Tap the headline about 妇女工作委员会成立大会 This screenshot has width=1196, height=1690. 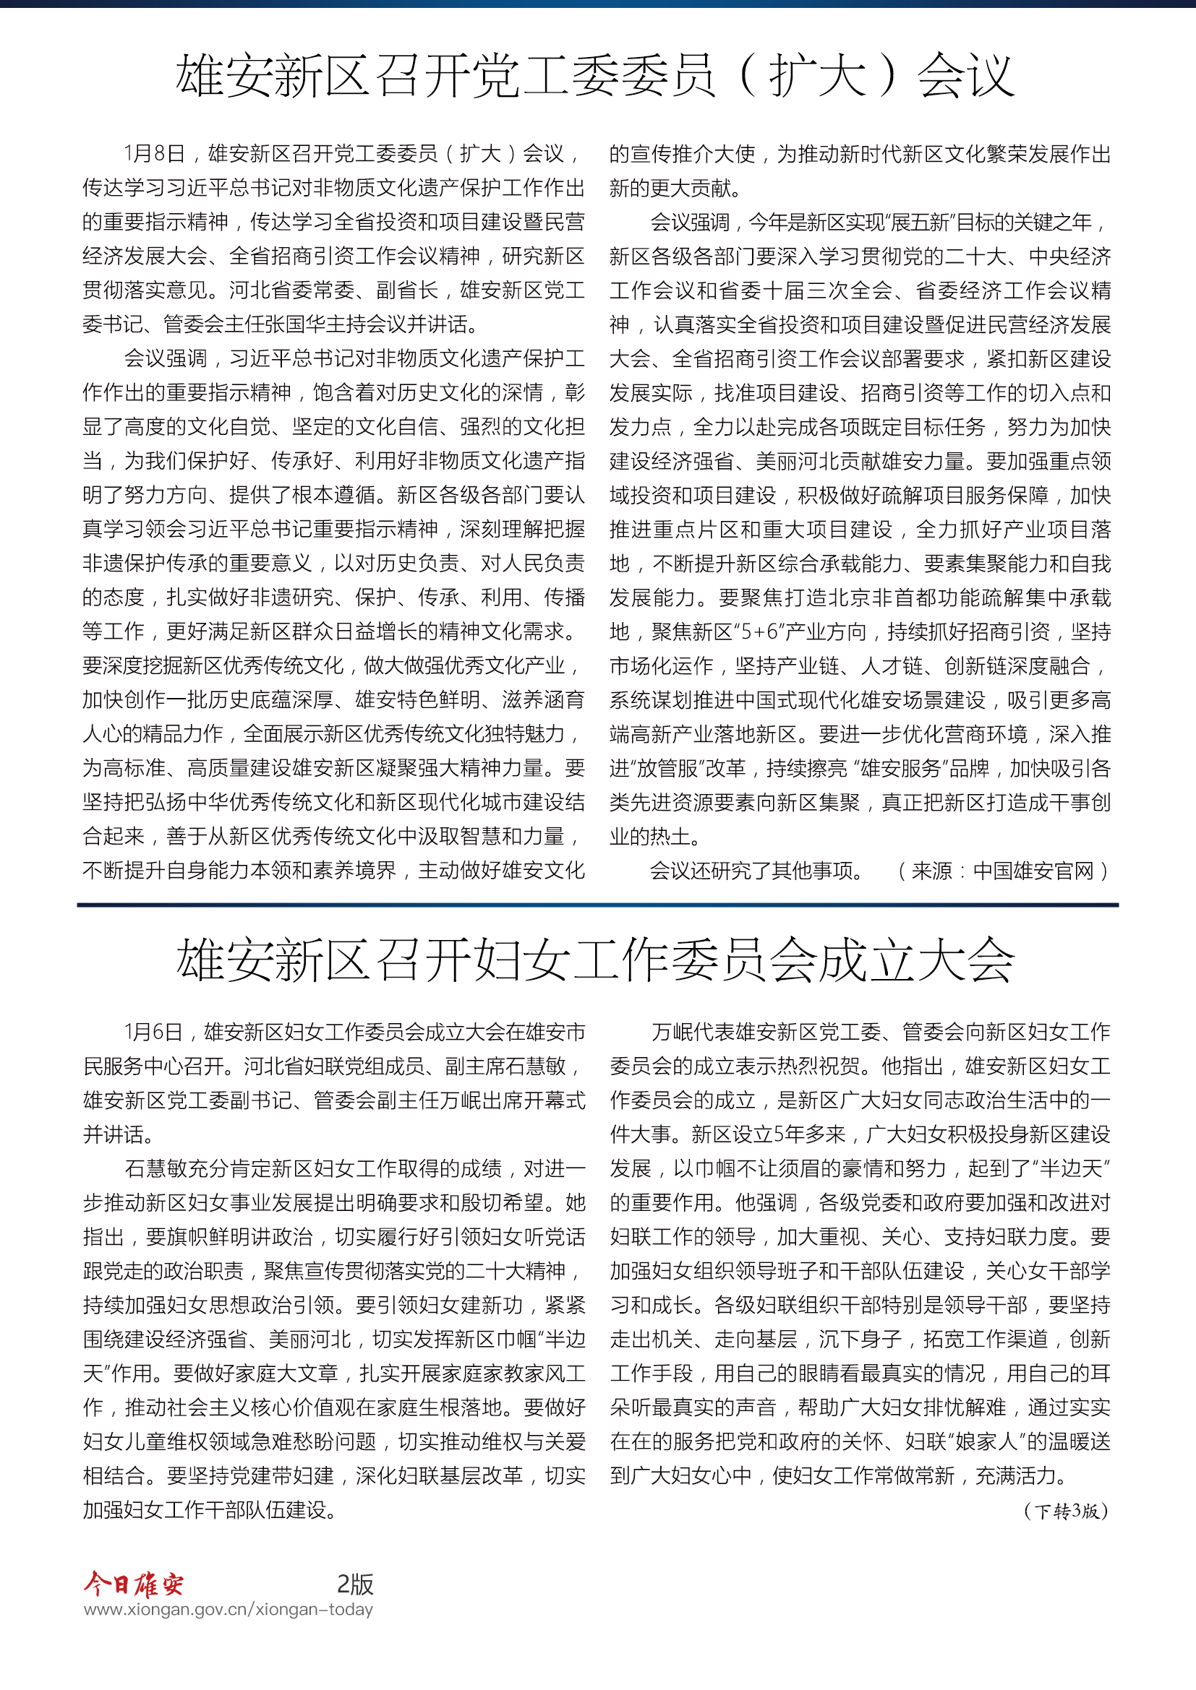coord(595,960)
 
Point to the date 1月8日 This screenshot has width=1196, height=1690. coord(155,153)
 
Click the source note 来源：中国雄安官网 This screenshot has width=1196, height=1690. coord(1002,871)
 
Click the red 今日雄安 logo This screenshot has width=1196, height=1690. coord(133,1583)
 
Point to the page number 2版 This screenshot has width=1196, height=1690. coord(355,1583)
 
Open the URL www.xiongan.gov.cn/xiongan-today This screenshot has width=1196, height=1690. coord(228,1610)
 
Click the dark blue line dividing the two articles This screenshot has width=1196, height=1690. coord(597,905)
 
